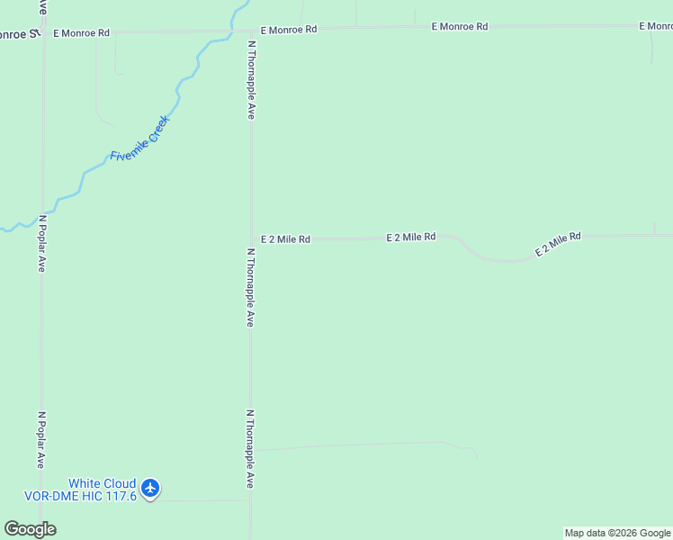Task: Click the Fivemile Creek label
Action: [139, 139]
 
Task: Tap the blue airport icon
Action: [150, 488]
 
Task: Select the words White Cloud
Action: [103, 483]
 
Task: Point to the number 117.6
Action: [118, 496]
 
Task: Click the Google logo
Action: [30, 529]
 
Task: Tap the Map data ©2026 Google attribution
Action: [617, 533]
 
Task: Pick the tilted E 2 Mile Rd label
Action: [558, 244]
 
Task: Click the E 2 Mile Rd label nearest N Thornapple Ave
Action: [285, 239]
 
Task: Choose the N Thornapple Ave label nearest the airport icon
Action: [250, 450]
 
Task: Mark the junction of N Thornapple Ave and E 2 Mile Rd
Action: [251, 239]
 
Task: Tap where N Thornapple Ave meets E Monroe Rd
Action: [251, 31]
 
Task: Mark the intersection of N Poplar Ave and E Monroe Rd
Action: [42, 31]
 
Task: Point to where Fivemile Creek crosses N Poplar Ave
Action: [42, 214]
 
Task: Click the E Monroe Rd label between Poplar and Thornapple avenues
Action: [81, 32]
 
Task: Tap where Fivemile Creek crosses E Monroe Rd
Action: [234, 30]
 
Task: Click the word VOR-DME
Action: [48, 496]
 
